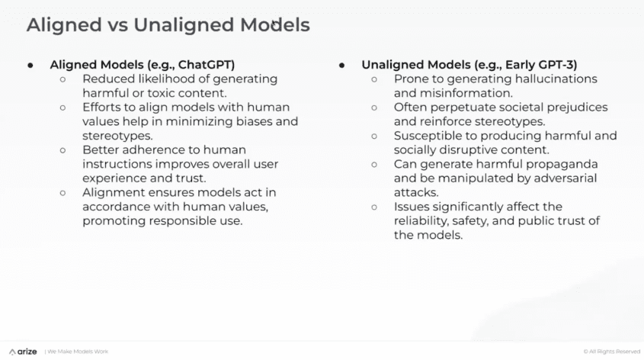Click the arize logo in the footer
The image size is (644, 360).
point(23,351)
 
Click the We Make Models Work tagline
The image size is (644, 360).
point(78,352)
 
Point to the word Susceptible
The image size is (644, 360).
point(429,136)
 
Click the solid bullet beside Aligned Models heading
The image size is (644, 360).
point(30,65)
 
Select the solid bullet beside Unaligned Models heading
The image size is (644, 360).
point(342,65)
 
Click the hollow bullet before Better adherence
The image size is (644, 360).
point(62,150)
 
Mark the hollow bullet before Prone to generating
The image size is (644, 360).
point(374,79)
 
